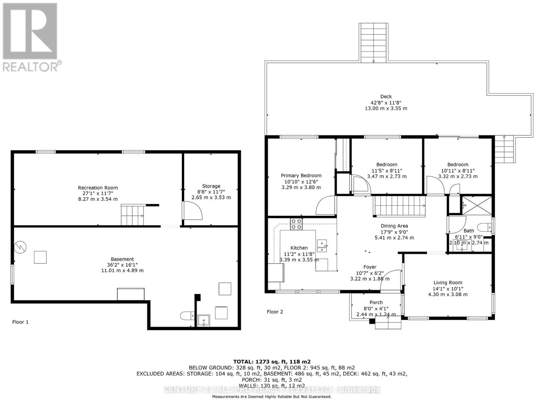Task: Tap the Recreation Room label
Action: tap(98, 188)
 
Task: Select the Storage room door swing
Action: tap(192, 211)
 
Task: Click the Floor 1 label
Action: tap(20, 322)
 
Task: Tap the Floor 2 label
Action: tap(275, 312)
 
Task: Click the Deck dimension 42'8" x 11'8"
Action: tap(386, 102)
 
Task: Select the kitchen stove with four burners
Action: tap(296, 224)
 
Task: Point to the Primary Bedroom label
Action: tap(301, 175)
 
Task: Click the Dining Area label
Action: tap(394, 226)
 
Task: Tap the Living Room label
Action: tap(447, 283)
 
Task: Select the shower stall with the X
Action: tap(476, 205)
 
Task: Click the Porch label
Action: tap(376, 302)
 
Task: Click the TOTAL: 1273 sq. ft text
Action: tap(272, 362)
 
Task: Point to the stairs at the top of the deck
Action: tap(373, 42)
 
